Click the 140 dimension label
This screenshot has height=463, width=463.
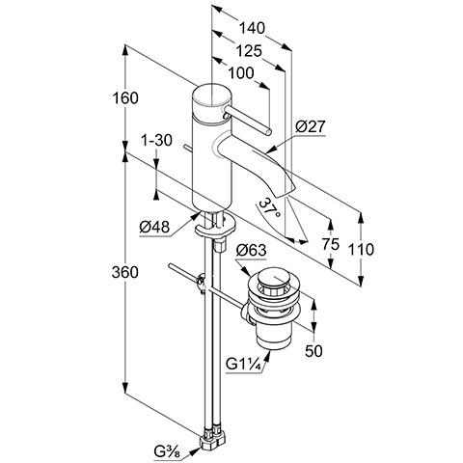pyautogui.click(x=252, y=28)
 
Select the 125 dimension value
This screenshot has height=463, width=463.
pyautogui.click(x=249, y=51)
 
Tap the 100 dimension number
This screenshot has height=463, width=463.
pyautogui.click(x=241, y=73)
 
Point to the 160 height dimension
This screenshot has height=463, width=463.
pyautogui.click(x=125, y=97)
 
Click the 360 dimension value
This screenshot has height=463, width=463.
pyautogui.click(x=125, y=273)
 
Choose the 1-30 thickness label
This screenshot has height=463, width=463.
pyautogui.click(x=157, y=140)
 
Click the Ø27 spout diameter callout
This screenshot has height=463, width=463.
pyautogui.click(x=311, y=126)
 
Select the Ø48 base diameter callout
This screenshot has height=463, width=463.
pyautogui.click(x=154, y=228)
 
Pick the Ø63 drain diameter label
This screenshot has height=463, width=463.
pyautogui.click(x=252, y=250)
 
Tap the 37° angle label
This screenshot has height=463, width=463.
pyautogui.click(x=269, y=209)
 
